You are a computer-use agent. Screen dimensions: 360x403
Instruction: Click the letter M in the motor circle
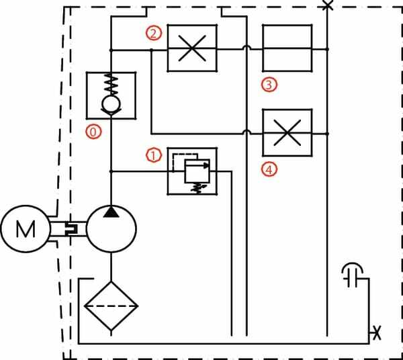tap(26, 229)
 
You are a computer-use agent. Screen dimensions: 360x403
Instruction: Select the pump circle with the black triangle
tap(111, 229)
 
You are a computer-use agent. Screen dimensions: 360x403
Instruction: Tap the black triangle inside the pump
tap(111, 212)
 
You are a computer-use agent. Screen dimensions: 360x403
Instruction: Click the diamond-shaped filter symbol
tap(111, 306)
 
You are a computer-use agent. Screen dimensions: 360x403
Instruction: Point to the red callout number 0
tap(95, 132)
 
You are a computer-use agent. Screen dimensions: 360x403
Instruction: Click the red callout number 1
tap(154, 156)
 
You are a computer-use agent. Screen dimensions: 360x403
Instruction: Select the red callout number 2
tap(154, 32)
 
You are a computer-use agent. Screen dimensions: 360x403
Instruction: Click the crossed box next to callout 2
tap(192, 48)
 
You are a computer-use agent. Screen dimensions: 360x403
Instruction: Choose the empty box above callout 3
tap(287, 48)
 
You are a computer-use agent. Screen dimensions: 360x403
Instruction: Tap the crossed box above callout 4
tap(287, 133)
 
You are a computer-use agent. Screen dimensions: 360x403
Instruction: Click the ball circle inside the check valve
tap(111, 105)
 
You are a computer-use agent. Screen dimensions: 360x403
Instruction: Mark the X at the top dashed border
tap(327, 5)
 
